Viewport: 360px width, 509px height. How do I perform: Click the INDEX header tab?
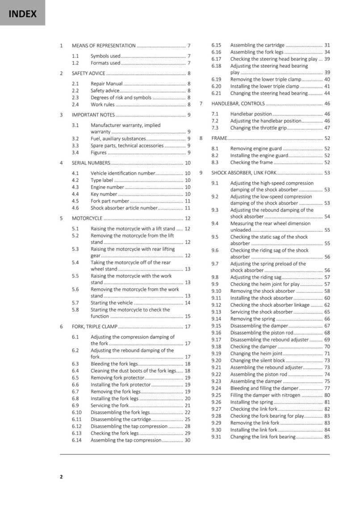pyautogui.click(x=22, y=13)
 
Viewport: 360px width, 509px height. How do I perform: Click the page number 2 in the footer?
pyautogui.click(x=62, y=476)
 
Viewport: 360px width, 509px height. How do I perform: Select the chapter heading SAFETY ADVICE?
pyautogui.click(x=88, y=73)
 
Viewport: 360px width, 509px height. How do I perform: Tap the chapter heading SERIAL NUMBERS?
pyautogui.click(x=91, y=163)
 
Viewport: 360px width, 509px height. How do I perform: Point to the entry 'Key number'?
pyautogui.click(x=104, y=194)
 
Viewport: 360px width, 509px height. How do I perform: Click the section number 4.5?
pyautogui.click(x=75, y=201)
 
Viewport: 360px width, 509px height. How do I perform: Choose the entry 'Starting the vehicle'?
pyautogui.click(x=112, y=303)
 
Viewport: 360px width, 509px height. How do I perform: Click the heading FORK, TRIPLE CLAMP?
pyautogui.click(x=94, y=326)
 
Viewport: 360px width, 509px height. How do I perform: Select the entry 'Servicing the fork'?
pyautogui.click(x=109, y=405)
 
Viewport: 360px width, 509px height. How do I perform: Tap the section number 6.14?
pyautogui.click(x=77, y=440)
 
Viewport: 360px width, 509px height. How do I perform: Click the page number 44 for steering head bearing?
pyautogui.click(x=327, y=93)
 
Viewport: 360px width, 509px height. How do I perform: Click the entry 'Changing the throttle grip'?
pyautogui.click(x=258, y=128)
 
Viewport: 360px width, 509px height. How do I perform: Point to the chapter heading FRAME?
pyautogui.click(x=219, y=138)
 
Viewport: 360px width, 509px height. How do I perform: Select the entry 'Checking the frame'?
pyautogui.click(x=251, y=163)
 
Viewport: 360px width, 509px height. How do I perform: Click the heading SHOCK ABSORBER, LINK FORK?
pyautogui.click(x=244, y=173)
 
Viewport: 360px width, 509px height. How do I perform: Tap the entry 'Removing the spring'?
pyautogui.click(x=252, y=319)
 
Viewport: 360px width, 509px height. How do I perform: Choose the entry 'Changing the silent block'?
pyautogui.click(x=257, y=360)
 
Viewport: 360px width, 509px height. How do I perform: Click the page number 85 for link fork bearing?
pyautogui.click(x=327, y=437)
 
